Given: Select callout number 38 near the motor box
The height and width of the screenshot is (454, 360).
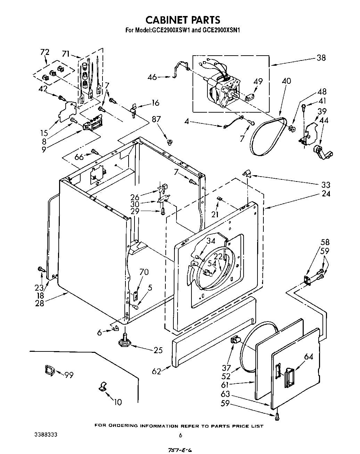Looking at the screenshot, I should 321,58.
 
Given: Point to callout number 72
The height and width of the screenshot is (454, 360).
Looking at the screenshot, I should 44,52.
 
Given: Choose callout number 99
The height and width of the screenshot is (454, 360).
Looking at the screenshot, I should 68,375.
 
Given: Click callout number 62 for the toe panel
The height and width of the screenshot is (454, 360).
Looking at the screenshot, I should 157,371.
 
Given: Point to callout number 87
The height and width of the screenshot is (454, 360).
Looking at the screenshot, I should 156,119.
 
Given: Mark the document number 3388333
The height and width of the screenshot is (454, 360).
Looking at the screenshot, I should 46,435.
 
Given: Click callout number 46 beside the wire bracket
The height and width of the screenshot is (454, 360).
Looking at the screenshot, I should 153,77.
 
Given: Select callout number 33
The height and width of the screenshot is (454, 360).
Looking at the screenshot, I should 326,185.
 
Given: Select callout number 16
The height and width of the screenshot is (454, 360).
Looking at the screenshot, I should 155,103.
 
